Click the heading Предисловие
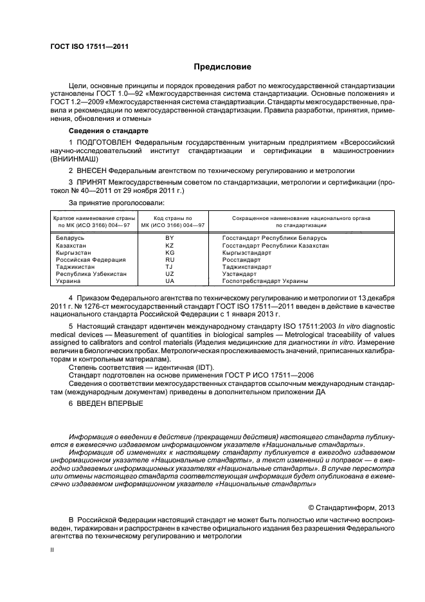pyautogui.click(x=222, y=67)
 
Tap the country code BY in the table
pyautogui.click(x=170, y=238)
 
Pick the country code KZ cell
pyautogui.click(x=170, y=245)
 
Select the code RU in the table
pyautogui.click(x=170, y=260)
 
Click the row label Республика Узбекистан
pyautogui.click(x=92, y=274)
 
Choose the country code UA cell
pyautogui.click(x=170, y=281)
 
